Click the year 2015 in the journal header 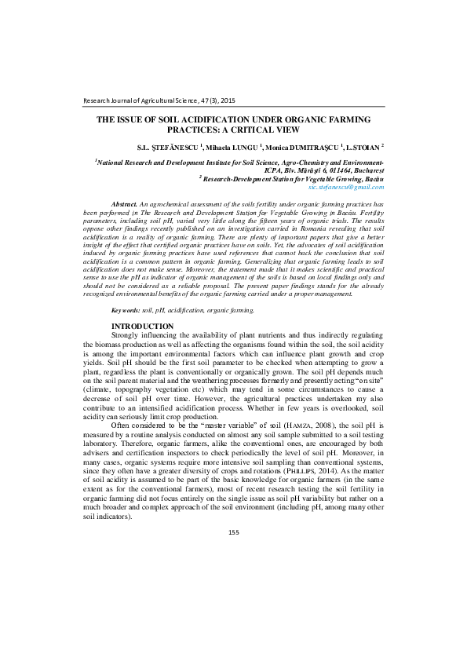tap(226, 100)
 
